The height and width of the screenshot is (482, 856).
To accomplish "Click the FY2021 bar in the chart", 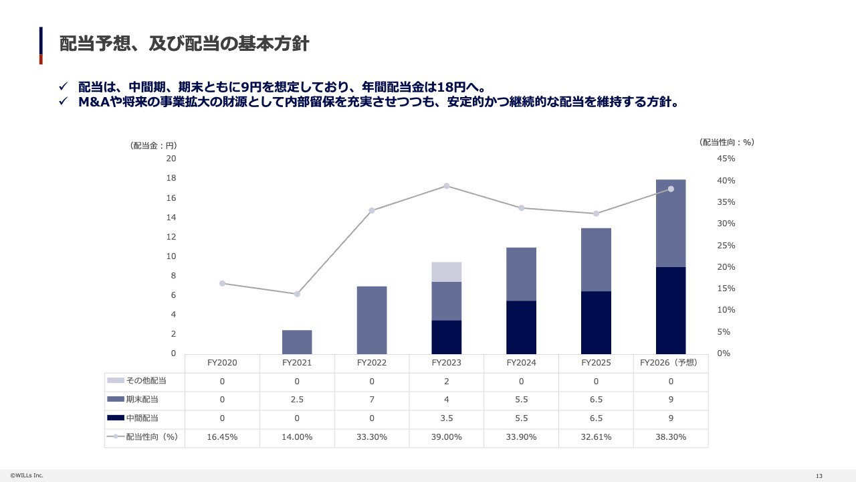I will point(297,341).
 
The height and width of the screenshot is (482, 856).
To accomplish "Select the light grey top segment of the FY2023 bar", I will point(447,272).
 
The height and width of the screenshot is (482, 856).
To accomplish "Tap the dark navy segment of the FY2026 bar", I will point(671,310).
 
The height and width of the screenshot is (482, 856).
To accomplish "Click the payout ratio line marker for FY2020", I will point(222,283).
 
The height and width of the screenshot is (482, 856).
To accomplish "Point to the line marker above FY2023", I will point(447,186).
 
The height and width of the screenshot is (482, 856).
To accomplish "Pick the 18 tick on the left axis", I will point(171,178).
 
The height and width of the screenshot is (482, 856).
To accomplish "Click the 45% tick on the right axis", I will point(726,159).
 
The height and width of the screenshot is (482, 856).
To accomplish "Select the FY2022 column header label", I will point(372,363).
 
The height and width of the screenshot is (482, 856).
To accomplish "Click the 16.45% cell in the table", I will point(222,436).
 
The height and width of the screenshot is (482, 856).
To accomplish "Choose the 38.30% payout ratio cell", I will point(671,436).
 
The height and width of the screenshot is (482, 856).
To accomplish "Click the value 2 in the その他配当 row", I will point(447,381).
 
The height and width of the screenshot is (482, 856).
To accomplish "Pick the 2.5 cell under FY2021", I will point(297,400).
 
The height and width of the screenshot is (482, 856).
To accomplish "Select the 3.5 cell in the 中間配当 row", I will point(447,418).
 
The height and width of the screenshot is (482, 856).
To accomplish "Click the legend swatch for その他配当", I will point(115,381).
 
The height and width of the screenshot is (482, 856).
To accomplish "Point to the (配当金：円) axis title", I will point(153,145).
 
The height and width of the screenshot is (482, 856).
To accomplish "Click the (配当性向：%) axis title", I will point(726,142).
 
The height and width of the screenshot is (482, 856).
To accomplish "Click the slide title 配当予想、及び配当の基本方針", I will point(184,44).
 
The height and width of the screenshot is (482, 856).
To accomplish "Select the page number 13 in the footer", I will point(819,475).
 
